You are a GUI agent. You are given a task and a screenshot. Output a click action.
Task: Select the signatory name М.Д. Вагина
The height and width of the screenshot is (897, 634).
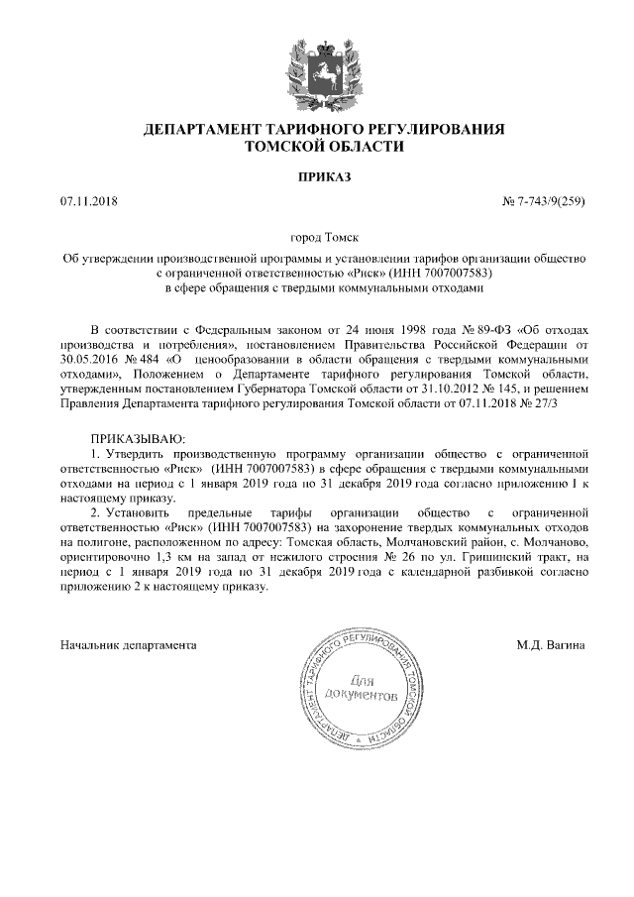point(550,645)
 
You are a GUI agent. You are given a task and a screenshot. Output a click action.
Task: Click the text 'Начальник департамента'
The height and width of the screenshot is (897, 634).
point(128,645)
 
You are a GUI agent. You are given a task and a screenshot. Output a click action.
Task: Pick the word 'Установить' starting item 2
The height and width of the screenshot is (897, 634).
point(135,511)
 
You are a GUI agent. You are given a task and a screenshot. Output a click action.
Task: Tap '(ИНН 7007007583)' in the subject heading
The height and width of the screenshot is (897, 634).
point(439,272)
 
